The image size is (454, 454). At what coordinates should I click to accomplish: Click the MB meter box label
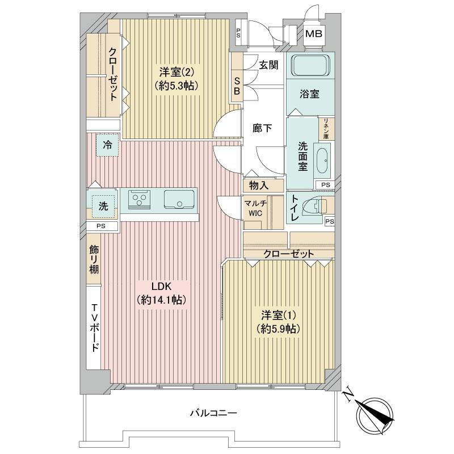click(314, 34)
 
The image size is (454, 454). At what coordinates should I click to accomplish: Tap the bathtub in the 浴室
click(310, 65)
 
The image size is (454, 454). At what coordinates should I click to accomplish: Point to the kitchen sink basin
click(179, 199)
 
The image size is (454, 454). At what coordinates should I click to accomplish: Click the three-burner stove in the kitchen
click(140, 199)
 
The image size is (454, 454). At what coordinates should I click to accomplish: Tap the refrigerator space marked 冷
click(107, 145)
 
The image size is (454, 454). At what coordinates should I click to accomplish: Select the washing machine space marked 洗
click(103, 206)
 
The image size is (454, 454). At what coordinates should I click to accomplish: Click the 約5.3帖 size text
click(176, 85)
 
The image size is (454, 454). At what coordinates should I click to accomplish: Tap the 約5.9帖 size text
click(278, 329)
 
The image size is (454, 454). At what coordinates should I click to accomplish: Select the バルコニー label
click(214, 413)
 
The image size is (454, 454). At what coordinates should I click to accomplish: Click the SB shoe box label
click(237, 86)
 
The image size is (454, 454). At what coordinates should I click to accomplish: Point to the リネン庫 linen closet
click(326, 129)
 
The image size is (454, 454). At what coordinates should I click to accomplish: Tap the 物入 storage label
click(259, 186)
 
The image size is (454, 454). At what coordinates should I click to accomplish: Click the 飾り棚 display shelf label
click(94, 259)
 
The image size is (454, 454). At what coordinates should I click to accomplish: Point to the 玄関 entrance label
click(268, 65)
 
